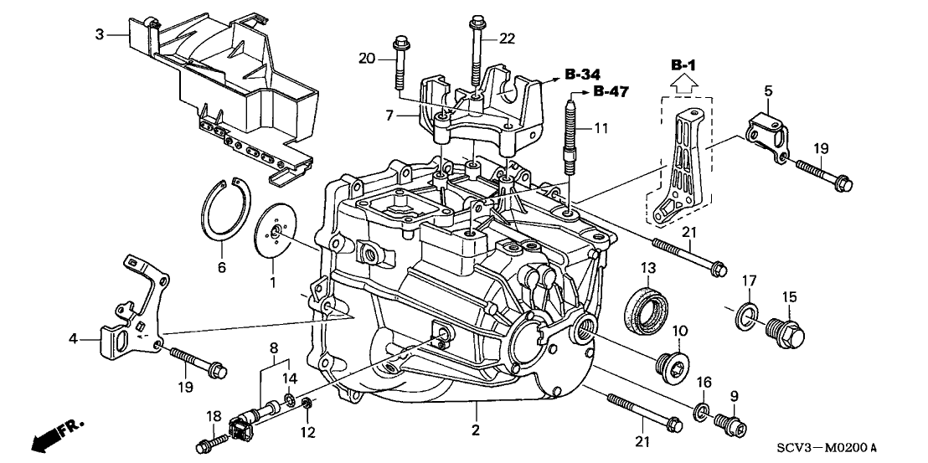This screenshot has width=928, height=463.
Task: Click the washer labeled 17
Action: click(744, 316)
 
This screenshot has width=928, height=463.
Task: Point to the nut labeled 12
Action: click(307, 406)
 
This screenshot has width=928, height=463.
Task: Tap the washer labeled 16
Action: click(700, 409)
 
